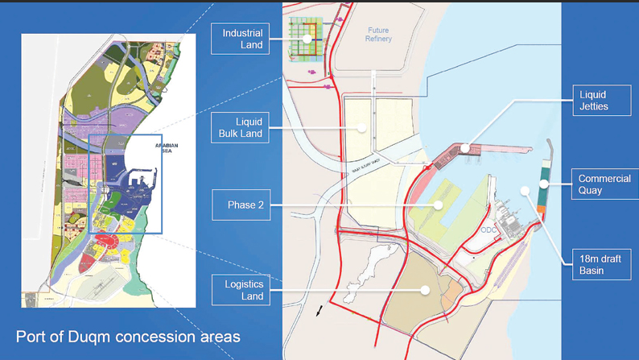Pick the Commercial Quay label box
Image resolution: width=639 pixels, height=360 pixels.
click(x=604, y=184)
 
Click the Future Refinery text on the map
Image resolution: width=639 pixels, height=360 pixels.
click(x=377, y=35)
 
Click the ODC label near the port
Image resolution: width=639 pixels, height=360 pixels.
click(x=489, y=229)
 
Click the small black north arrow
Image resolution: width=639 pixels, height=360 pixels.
click(x=319, y=311)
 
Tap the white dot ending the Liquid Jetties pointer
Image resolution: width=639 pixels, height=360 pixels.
click(x=466, y=147)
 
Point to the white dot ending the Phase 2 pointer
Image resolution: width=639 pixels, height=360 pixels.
click(x=439, y=205)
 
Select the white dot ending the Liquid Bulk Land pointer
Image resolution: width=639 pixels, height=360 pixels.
click(x=363, y=127)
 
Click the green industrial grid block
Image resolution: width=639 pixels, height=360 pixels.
click(x=306, y=39)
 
